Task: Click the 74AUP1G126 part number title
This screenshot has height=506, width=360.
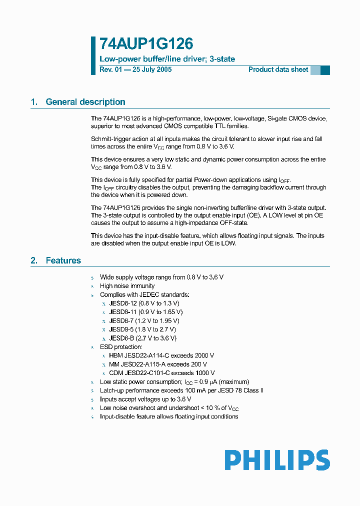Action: pyautogui.click(x=146, y=44)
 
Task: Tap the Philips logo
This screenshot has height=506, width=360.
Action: pyautogui.click(x=277, y=460)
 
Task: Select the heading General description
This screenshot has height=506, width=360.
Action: pyautogui.click(x=85, y=102)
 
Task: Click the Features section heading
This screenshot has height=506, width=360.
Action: pyautogui.click(x=63, y=260)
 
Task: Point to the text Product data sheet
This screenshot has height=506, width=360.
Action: pyautogui.click(x=278, y=69)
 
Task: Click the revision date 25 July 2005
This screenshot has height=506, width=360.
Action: pyautogui.click(x=151, y=69)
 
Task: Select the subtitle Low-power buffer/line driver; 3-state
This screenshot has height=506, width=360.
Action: pyautogui.click(x=167, y=59)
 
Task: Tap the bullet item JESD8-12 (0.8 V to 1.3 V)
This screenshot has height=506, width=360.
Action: pyautogui.click(x=144, y=303)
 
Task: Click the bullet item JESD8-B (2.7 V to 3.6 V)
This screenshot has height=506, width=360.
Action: pyautogui.click(x=142, y=338)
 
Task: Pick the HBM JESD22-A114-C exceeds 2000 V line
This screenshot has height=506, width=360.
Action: pyautogui.click(x=161, y=355)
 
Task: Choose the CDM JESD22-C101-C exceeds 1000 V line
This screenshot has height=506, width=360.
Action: pyautogui.click(x=162, y=373)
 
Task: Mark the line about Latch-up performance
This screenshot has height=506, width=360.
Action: pyautogui.click(x=181, y=390)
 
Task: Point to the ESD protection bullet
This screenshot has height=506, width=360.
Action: pyautogui.click(x=121, y=346)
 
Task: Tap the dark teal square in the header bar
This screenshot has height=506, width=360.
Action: pyautogui.click(x=325, y=70)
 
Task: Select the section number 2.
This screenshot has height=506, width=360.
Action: pyautogui.click(x=33, y=260)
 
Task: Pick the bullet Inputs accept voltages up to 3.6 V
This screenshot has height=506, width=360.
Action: pyautogui.click(x=145, y=399)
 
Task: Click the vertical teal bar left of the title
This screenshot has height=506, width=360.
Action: pyautogui.click(x=93, y=55)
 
